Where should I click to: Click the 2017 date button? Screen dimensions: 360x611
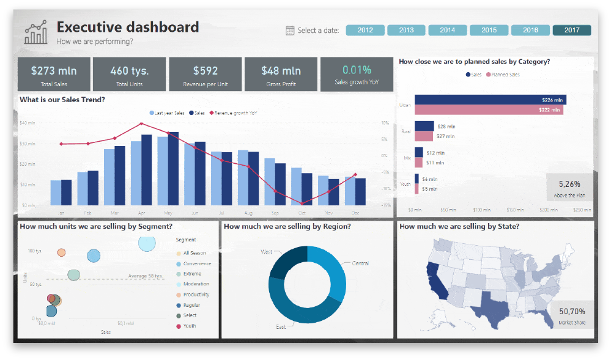[571, 30]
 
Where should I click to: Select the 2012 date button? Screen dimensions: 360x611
[365, 30]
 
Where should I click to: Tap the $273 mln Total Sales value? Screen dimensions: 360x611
[54, 71]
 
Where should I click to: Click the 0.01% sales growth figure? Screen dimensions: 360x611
[357, 70]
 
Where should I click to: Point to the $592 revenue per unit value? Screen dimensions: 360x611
[206, 71]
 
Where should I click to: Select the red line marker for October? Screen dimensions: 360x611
[302, 204]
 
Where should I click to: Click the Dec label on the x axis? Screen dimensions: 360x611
[355, 213]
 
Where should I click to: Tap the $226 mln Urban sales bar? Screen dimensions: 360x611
[490, 100]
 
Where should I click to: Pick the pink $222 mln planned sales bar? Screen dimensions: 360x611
[489, 110]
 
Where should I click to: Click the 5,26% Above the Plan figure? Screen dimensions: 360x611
[569, 183]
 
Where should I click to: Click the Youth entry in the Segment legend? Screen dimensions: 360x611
[190, 326]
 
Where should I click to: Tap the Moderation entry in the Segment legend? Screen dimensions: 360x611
[196, 284]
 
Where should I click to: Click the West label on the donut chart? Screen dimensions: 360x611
[267, 252]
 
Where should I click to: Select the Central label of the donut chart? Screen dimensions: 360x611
[360, 263]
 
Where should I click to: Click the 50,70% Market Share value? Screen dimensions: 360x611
[572, 311]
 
